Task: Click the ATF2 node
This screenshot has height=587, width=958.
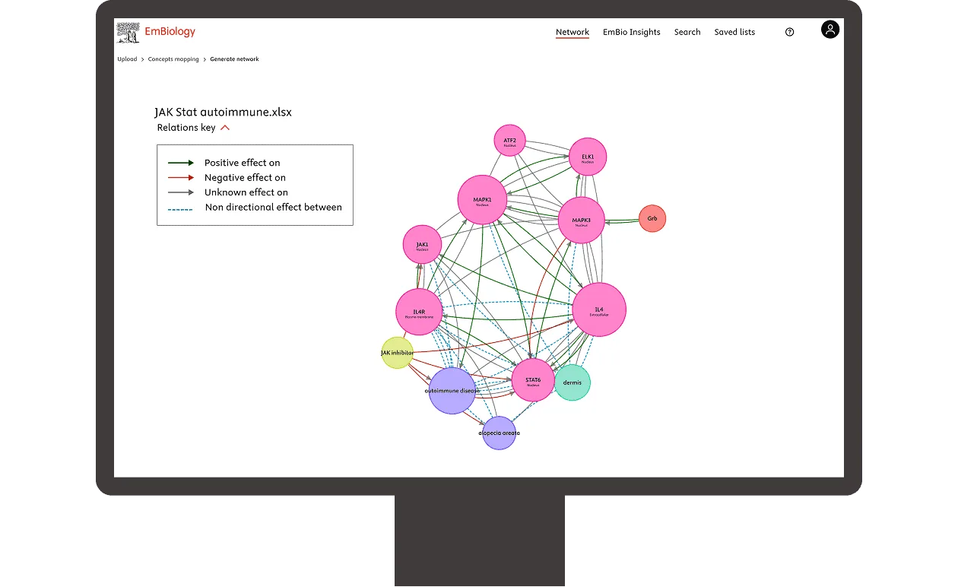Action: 509,141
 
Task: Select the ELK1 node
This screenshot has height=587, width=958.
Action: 588,157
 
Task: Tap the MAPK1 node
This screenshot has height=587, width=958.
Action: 483,201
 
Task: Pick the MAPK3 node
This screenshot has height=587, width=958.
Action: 582,221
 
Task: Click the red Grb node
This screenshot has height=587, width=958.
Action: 652,219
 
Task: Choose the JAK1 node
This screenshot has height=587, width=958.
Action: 422,245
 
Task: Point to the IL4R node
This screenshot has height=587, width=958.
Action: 419,312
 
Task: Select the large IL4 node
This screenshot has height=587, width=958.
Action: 599,309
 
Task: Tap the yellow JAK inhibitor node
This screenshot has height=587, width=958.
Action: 397,353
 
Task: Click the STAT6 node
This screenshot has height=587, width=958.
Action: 533,380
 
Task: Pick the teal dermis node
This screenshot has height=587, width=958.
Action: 573,382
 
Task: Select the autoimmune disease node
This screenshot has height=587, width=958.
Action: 452,391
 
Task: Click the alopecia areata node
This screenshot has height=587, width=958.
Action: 499,433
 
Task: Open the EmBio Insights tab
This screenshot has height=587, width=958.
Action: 631,32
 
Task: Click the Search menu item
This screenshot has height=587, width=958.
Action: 687,32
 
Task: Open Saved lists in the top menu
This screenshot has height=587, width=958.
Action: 734,32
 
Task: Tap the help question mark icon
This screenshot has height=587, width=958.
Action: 789,32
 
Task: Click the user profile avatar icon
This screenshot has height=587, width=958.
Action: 830,30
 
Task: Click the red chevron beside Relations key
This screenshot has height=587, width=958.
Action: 225,128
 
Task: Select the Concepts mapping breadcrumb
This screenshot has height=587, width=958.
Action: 173,59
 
